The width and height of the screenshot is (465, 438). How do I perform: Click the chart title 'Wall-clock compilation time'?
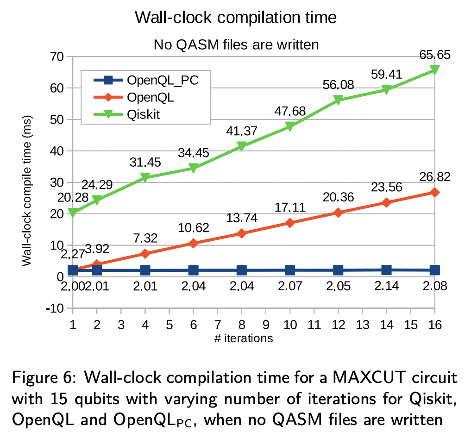tap(236, 18)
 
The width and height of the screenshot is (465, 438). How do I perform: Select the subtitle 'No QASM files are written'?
tap(236, 45)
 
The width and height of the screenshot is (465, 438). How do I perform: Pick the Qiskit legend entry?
tap(144, 114)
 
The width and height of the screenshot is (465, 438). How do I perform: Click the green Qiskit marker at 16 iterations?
tap(434, 69)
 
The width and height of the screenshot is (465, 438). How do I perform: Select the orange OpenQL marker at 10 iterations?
tap(290, 223)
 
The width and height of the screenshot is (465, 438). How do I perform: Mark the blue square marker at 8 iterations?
tap(242, 270)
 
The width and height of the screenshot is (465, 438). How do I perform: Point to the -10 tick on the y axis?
tap(57, 308)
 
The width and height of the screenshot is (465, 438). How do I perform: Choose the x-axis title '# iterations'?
tap(244, 338)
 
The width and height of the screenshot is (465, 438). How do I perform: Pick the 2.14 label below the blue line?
tap(386, 286)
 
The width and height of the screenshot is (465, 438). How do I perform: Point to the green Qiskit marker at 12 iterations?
tap(338, 100)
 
